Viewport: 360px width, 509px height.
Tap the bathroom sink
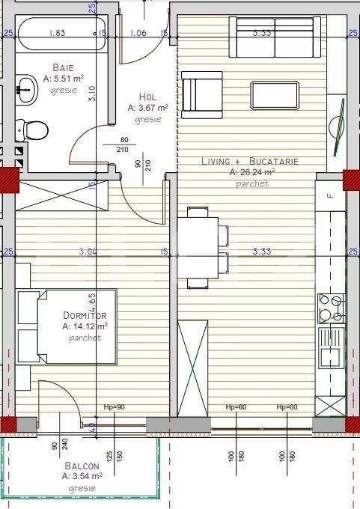(26, 88)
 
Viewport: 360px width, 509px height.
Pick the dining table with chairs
(198, 247)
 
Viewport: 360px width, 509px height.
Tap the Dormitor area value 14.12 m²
(86, 326)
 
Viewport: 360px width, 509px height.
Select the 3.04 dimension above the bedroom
(88, 252)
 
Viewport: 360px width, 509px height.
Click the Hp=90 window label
(114, 407)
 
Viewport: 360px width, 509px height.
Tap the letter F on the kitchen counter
(329, 195)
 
